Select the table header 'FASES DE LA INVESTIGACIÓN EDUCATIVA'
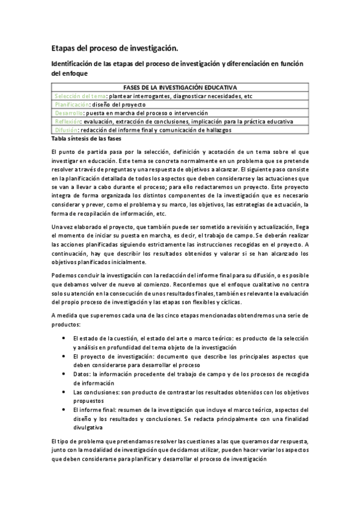coord(180,87)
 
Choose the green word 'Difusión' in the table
coord(66,129)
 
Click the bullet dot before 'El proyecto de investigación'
coord(64,357)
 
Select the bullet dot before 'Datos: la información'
coord(64,373)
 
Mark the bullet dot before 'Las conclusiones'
coord(64,391)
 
